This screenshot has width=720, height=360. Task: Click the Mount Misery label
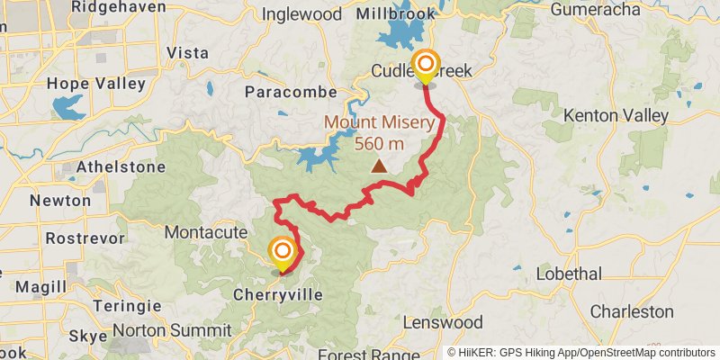tap(379, 123)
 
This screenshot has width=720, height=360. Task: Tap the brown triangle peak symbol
tap(380, 166)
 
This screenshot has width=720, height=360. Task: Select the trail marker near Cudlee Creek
tap(425, 66)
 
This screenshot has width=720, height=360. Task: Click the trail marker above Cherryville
tap(283, 252)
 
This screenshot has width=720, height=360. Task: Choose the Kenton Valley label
tap(616, 115)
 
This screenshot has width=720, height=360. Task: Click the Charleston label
tap(632, 311)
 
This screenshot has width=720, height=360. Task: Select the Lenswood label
tap(443, 322)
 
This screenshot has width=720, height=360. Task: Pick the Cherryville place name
tap(277, 294)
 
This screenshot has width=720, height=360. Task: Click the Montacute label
tap(205, 232)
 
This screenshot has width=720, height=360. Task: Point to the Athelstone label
tap(121, 166)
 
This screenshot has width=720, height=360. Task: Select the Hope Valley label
tap(96, 84)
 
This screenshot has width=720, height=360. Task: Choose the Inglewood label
tap(301, 14)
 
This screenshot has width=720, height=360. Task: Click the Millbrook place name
tap(395, 14)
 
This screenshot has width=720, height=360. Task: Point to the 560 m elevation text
tap(379, 143)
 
